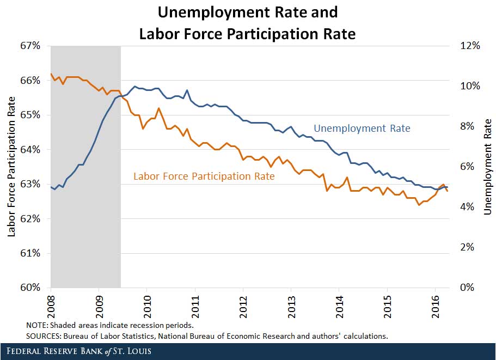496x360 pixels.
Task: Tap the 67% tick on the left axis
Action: coord(30,46)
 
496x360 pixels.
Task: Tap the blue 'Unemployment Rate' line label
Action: coord(362,129)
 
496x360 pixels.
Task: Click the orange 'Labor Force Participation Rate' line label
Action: coord(204,176)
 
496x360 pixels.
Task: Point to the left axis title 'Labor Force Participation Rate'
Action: coord(11,167)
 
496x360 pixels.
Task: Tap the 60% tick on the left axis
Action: coord(30,288)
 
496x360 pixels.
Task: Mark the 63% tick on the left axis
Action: coord(30,184)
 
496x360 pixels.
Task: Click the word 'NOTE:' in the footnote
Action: coord(38,325)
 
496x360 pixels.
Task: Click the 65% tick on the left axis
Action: coord(30,115)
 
